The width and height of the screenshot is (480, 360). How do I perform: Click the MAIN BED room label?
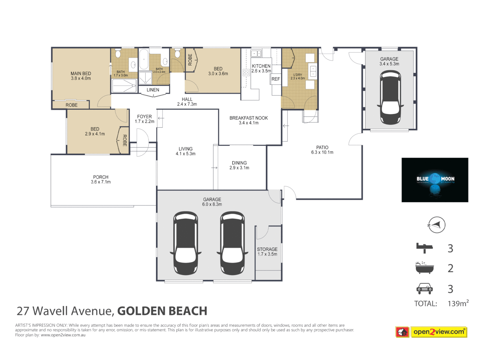[x=81, y=74]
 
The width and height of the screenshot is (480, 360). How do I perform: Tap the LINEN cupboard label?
[x=153, y=90]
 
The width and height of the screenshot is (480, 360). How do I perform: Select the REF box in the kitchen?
[x=276, y=79]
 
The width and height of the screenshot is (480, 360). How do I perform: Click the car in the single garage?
[x=390, y=97]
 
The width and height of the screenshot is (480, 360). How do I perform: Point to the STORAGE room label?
[x=267, y=249]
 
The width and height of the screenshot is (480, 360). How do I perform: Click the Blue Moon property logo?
[x=435, y=180]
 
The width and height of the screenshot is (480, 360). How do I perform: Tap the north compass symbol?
[x=436, y=225]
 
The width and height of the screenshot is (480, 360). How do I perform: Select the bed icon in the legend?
[x=424, y=248]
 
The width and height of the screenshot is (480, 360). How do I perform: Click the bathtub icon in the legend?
[x=424, y=268]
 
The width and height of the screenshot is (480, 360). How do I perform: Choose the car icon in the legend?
[x=424, y=288]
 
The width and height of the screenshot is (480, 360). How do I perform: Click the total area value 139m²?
[x=458, y=303]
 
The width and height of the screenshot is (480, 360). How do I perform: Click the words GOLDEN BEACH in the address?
[x=162, y=311]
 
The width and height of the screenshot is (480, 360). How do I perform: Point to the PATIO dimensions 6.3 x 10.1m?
[x=322, y=152]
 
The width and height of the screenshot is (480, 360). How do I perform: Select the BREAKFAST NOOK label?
[x=249, y=118]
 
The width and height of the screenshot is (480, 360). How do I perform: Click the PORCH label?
[x=101, y=177]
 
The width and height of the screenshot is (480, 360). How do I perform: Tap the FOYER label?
[x=144, y=117]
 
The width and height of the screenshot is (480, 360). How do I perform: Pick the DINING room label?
[x=239, y=163]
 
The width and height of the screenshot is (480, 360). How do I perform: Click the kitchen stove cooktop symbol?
[x=246, y=73]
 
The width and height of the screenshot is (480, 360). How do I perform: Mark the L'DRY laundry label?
[x=298, y=75]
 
